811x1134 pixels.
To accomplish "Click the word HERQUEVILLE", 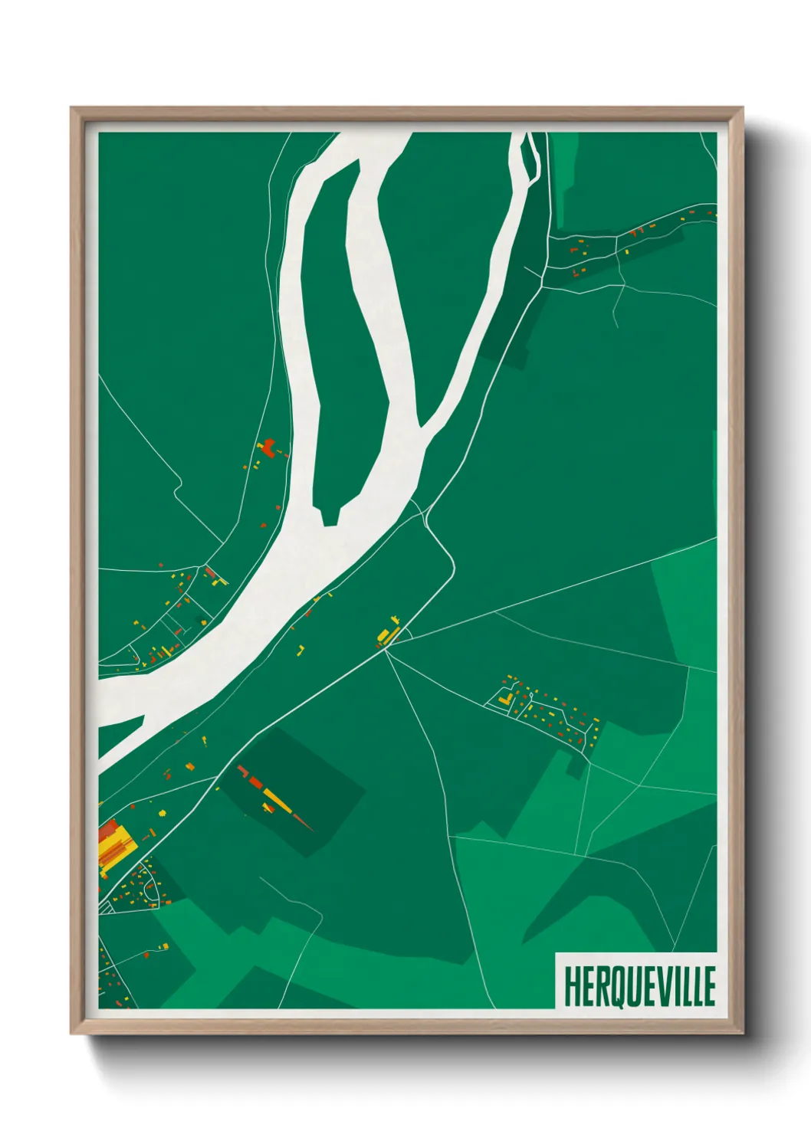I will click(639, 986).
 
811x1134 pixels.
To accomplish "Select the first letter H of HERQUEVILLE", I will click(572, 986).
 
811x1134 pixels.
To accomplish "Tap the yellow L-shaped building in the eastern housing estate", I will click(504, 699).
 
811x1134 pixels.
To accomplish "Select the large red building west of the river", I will click(268, 448).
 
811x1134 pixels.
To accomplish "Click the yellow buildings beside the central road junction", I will click(386, 634).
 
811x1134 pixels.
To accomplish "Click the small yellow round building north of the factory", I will click(162, 812).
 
